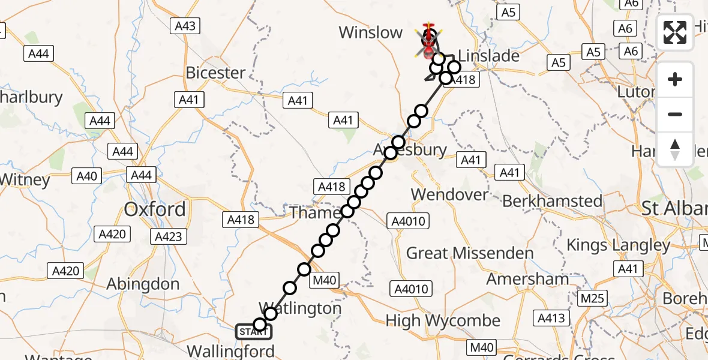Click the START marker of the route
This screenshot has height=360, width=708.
pos(253,331)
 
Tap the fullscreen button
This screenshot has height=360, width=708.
pos(675,32)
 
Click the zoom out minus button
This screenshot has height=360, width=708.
pos(675,114)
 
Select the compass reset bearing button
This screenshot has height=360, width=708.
pos(675,149)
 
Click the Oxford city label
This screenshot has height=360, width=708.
pos(154,209)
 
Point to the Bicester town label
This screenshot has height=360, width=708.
pos(215,73)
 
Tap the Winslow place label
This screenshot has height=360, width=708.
pos(370,32)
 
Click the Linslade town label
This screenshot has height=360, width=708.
pos(488,56)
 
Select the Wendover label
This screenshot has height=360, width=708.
pos(450,194)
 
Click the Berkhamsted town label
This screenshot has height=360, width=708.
pos(552,201)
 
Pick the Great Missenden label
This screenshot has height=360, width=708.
pos(470,253)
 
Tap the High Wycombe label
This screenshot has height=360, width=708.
pos(443,321)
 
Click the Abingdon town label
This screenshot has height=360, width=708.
pos(143,284)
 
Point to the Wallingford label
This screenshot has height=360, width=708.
pos(231,350)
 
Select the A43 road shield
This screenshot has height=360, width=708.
pos(185,26)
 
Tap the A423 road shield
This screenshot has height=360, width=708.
pos(168,236)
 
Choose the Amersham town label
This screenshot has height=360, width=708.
pos(527,279)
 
